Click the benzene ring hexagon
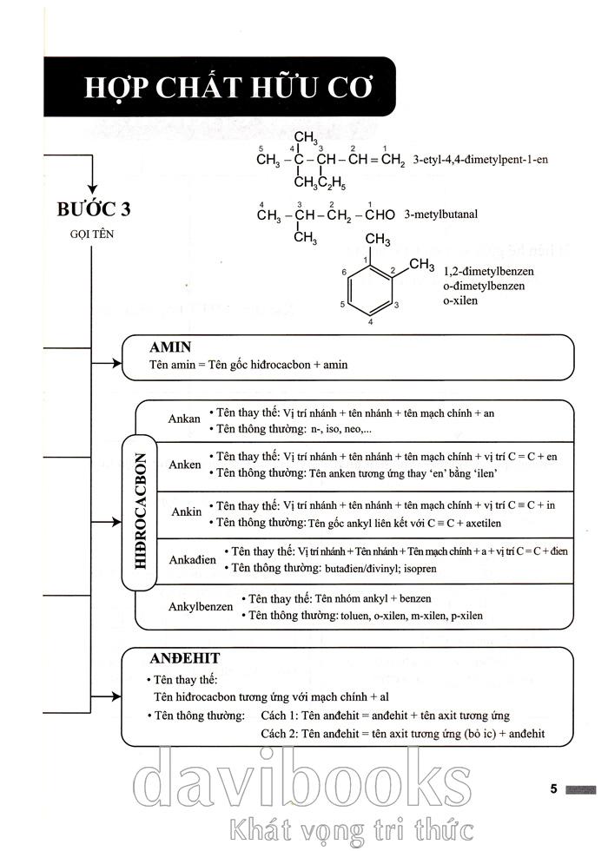point(370,292)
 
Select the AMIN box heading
point(171,347)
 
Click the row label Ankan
point(184,419)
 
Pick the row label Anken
point(185,465)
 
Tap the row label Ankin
point(186,511)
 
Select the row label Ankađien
point(194,559)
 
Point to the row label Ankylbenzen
point(201,606)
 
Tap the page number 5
point(554,788)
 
